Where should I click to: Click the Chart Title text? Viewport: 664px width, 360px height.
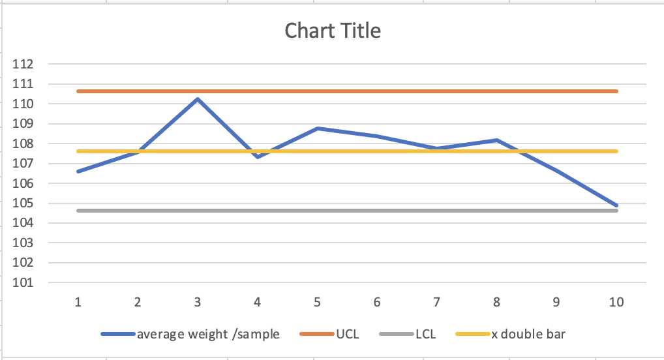333,31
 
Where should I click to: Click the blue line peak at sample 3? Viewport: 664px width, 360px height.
197,99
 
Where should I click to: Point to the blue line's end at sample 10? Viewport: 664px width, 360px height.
616,205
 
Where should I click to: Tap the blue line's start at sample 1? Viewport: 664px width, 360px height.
78,172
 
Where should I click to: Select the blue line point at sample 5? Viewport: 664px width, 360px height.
318,128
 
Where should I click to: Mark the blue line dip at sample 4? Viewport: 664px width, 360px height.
258,157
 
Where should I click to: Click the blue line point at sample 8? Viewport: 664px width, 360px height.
497,140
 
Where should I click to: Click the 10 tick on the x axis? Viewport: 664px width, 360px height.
616,301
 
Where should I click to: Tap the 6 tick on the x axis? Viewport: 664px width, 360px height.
377,301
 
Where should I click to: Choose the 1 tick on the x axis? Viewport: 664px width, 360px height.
78,301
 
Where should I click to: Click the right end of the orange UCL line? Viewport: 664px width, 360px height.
616,91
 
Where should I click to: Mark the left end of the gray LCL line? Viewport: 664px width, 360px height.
78,211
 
